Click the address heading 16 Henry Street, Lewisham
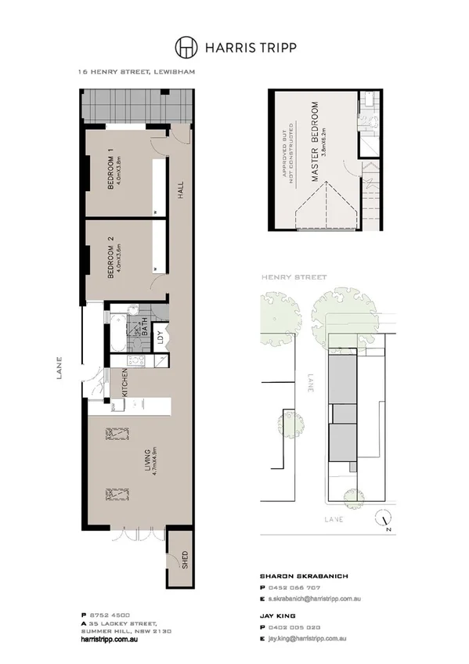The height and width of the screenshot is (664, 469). pyautogui.click(x=135, y=71)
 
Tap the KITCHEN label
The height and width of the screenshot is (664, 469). pyautogui.click(x=124, y=384)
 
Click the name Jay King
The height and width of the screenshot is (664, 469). pyautogui.click(x=278, y=617)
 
